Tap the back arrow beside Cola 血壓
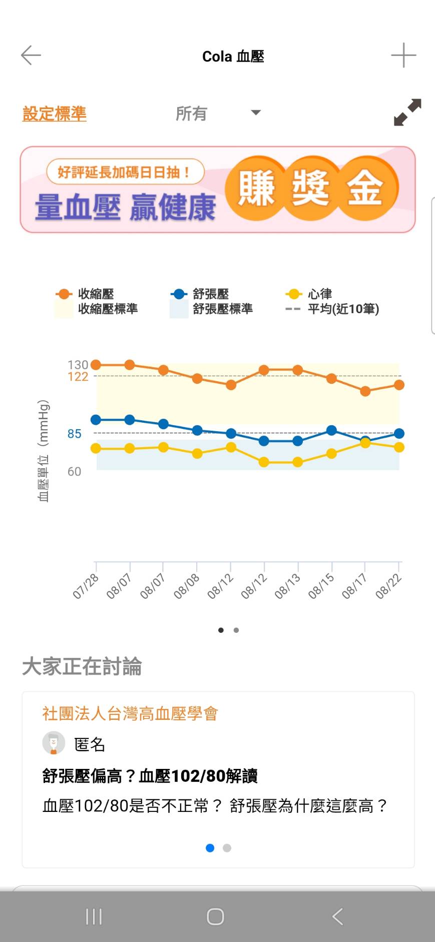click(31, 55)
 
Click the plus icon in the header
click(403, 55)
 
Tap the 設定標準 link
click(55, 114)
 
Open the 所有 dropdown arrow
click(256, 113)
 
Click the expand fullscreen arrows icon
click(407, 112)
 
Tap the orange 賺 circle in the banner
click(256, 188)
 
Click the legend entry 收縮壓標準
click(107, 309)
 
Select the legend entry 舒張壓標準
click(222, 309)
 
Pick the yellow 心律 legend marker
click(293, 294)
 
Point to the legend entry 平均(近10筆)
click(343, 309)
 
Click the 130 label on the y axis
click(78, 365)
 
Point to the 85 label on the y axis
click(75, 434)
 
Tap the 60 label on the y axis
click(74, 472)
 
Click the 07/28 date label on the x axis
click(86, 586)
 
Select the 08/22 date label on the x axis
click(388, 586)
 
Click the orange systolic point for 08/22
click(399, 385)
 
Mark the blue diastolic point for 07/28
click(96, 420)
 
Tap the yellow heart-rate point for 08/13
click(297, 462)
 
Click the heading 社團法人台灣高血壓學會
click(130, 713)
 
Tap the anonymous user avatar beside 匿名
click(54, 743)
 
